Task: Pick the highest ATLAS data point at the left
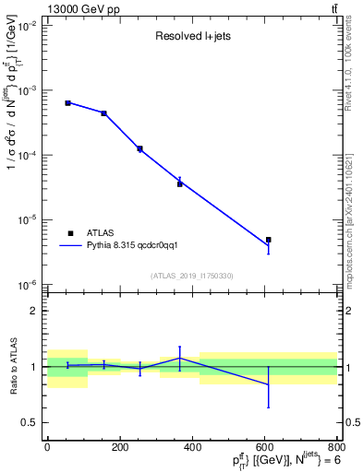pyautogui.click(x=68, y=102)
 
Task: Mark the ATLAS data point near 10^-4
pyautogui.click(x=139, y=148)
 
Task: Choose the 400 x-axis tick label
pyautogui.click(x=192, y=447)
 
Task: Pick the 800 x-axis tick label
pyautogui.click(x=336, y=447)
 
